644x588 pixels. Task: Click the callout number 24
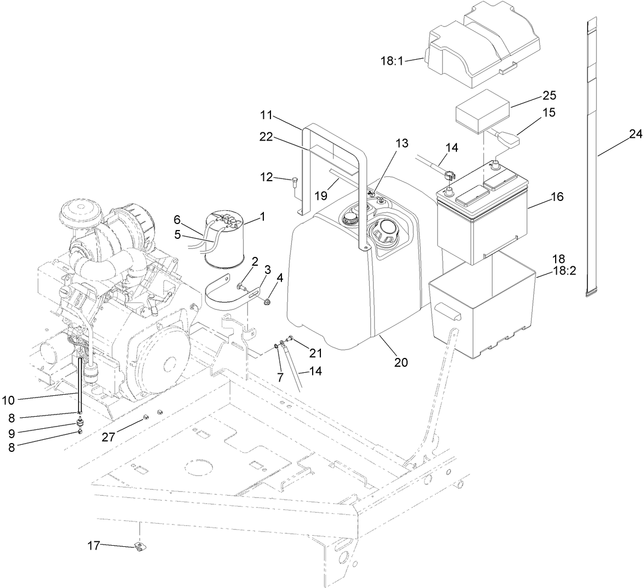[x=635, y=134]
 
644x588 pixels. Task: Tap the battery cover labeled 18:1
[x=483, y=44]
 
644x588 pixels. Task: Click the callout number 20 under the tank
[x=400, y=363]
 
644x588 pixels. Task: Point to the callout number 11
[x=266, y=115]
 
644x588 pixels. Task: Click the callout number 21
[x=315, y=352]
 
